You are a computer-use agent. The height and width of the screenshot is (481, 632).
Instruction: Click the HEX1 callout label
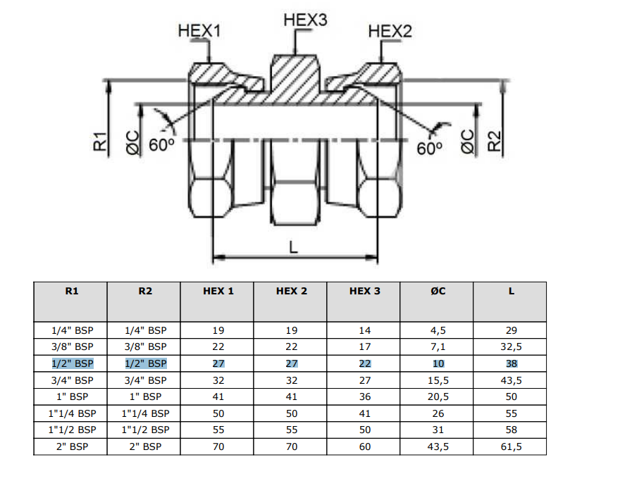click(199, 30)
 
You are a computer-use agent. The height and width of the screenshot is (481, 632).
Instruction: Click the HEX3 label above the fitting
click(305, 20)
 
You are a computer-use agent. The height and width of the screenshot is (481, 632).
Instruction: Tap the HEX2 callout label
click(390, 31)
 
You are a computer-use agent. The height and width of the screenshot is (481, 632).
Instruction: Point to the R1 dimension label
click(100, 141)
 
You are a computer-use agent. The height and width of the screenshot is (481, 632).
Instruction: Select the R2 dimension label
click(494, 141)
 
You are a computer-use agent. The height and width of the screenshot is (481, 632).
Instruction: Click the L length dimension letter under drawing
click(293, 246)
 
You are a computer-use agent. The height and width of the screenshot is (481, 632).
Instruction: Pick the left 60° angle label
click(161, 144)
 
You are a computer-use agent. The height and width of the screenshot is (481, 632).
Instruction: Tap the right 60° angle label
click(429, 149)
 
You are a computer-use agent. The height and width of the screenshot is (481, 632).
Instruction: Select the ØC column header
click(438, 292)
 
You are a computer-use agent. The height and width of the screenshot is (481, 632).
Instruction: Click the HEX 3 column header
click(364, 292)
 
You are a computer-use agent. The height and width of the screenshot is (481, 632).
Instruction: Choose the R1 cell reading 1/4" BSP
click(72, 330)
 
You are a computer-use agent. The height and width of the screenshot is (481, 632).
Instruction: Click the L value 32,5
click(511, 347)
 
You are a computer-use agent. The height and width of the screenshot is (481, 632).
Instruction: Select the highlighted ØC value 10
click(438, 364)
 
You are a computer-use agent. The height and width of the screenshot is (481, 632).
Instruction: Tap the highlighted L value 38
click(511, 364)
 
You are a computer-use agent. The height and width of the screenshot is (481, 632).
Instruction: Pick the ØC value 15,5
click(438, 380)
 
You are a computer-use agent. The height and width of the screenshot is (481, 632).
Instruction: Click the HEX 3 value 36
click(365, 396)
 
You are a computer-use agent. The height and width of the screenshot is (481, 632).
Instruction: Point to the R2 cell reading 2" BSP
click(146, 446)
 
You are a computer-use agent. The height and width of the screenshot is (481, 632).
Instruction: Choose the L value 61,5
click(511, 446)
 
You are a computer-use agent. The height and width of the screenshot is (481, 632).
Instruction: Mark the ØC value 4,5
click(438, 330)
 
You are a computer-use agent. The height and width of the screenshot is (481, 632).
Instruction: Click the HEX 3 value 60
click(365, 446)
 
